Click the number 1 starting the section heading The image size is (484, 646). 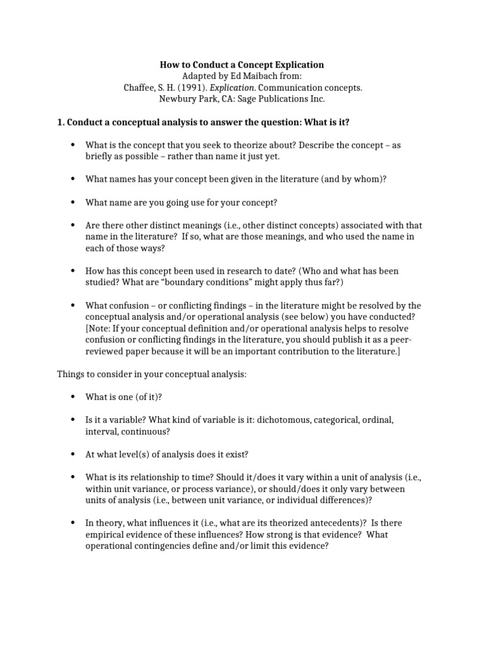[60, 122]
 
